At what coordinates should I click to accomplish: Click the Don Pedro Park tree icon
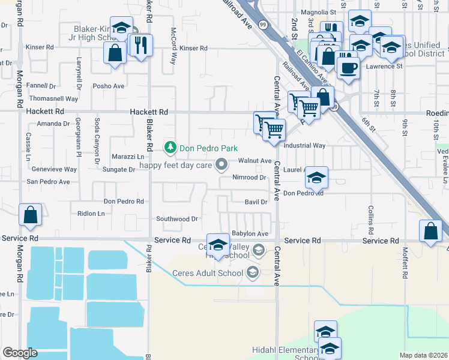pyautogui.click(x=170, y=147)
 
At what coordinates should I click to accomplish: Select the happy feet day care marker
pyautogui.click(x=222, y=164)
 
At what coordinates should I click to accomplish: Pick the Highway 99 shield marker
pyautogui.click(x=263, y=24)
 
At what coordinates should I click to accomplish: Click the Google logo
pyautogui.click(x=20, y=352)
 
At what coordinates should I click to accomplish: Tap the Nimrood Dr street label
pyautogui.click(x=249, y=178)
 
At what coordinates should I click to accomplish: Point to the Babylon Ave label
pyautogui.click(x=250, y=233)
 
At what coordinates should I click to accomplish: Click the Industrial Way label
pyautogui.click(x=304, y=146)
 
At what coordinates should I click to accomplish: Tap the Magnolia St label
pyautogui.click(x=318, y=12)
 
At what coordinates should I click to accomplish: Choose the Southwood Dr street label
pyautogui.click(x=177, y=219)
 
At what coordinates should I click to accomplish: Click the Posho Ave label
pyautogui.click(x=112, y=86)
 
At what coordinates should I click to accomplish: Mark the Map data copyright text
pyautogui.click(x=424, y=355)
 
